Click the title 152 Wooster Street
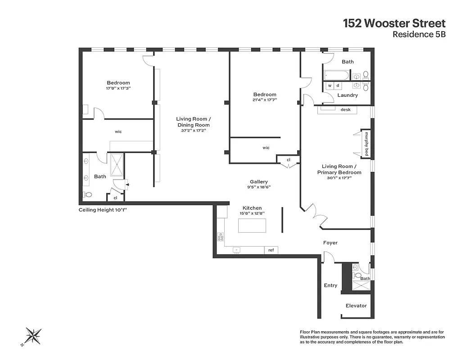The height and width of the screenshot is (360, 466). point(394,23)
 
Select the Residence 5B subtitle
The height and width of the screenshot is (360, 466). point(419,34)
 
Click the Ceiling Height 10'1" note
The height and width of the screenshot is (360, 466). point(106,210)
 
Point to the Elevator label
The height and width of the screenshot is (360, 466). point(356,306)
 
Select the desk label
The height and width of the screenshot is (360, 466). point(345,109)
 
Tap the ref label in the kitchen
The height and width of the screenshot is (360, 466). point(271,250)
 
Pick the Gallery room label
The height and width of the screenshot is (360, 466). point(259,182)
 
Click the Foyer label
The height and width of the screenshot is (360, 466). point(330,243)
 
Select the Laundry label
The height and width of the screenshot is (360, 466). point(348,95)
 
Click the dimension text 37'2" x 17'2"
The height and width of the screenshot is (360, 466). point(193,131)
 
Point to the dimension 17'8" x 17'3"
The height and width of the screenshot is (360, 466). point(118,89)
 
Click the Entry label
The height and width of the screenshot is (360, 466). point(330,285)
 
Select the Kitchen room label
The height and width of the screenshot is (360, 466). point(252,208)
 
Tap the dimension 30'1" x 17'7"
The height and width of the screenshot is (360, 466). point(339,178)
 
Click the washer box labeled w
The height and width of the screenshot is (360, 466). point(330,85)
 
